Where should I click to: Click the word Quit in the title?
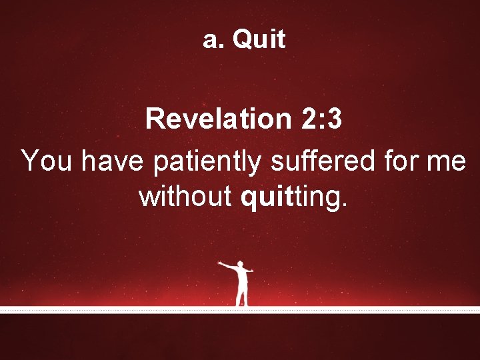(259, 40)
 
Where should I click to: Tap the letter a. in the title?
(213, 40)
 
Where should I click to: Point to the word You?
(46, 161)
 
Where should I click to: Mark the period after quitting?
(344, 204)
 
